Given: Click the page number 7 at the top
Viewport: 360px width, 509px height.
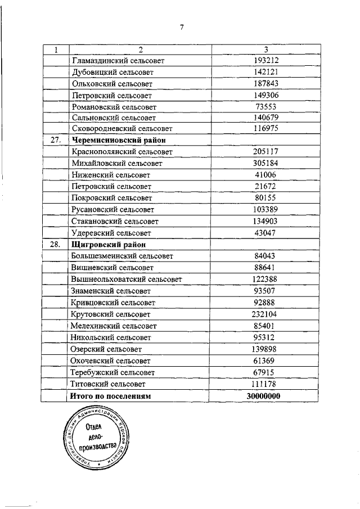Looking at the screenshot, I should point(182,28).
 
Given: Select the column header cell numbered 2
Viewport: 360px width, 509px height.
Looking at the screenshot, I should point(139,49).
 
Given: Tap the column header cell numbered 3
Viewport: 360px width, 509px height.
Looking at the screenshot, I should point(265,49).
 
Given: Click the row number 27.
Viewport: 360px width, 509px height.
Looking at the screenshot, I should point(55,140).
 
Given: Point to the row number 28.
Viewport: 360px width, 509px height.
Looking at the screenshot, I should point(55,245).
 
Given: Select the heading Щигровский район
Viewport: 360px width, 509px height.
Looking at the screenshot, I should point(109,245).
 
